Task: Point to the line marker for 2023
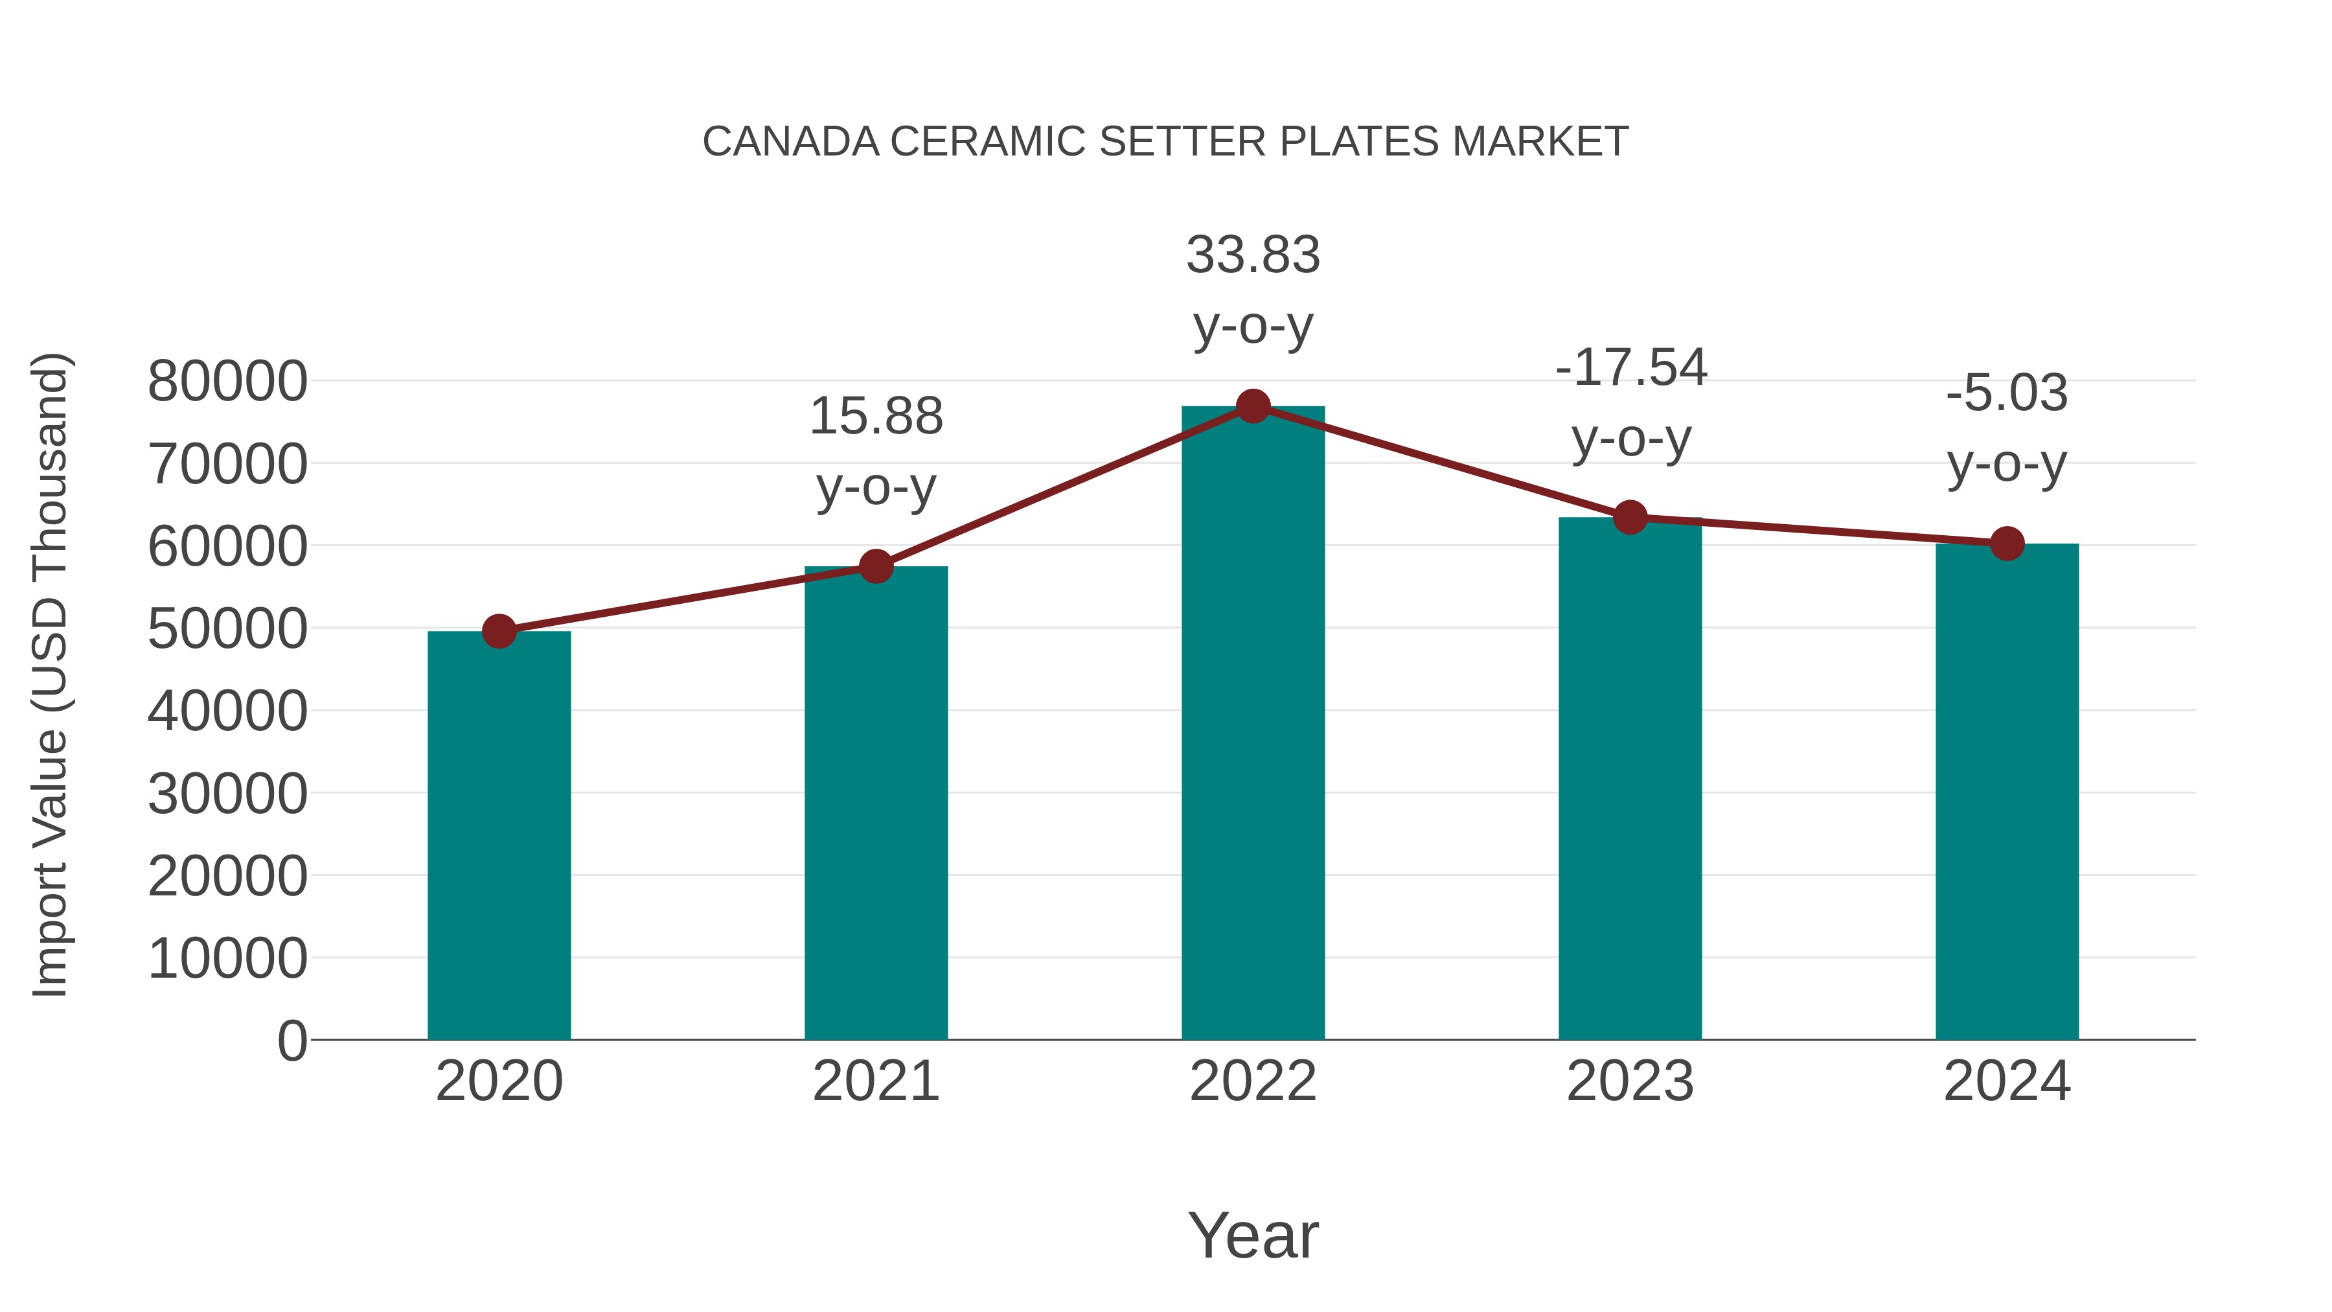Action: [x=1630, y=517]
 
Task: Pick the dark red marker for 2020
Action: [x=499, y=631]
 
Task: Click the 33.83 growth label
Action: [x=1253, y=255]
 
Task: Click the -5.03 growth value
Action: [x=2007, y=393]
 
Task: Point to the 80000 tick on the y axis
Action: [x=227, y=381]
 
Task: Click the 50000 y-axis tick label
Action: [x=227, y=628]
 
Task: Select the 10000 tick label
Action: [x=227, y=958]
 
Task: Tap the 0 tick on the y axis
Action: [x=291, y=1041]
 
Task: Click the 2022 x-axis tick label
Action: [x=1253, y=1081]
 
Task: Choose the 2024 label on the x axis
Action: [x=2007, y=1081]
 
